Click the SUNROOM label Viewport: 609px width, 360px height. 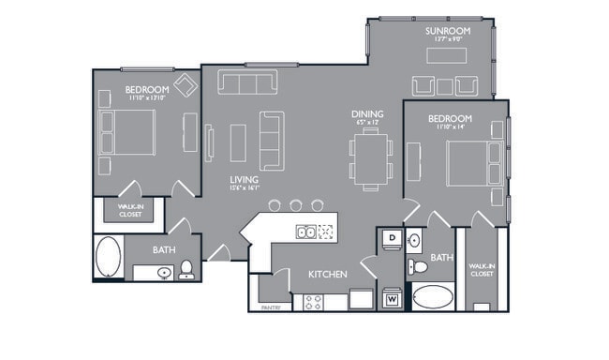click(x=447, y=31)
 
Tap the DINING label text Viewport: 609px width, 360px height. click(x=366, y=112)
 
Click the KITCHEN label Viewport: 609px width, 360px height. click(x=329, y=274)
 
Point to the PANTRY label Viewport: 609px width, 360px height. click(x=270, y=306)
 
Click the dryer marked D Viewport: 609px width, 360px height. click(x=391, y=240)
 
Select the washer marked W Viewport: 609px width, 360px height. click(x=391, y=300)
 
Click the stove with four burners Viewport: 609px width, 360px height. click(x=313, y=301)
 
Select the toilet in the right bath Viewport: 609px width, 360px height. click(x=419, y=267)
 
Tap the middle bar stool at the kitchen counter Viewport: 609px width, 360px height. click(x=296, y=204)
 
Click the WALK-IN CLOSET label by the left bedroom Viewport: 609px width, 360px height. click(x=130, y=211)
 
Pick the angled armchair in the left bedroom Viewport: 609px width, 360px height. click(x=186, y=86)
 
